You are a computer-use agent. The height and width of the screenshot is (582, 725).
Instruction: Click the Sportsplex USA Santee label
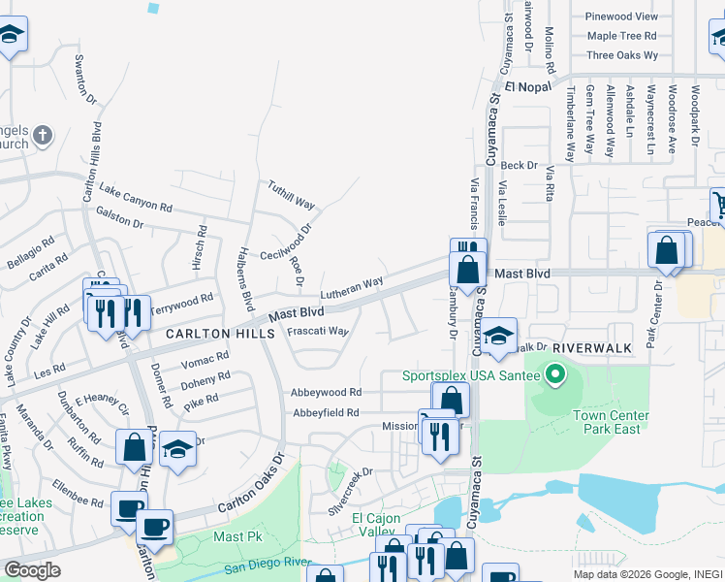pos(471,375)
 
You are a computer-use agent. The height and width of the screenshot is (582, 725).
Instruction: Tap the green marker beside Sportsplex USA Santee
pos(555,373)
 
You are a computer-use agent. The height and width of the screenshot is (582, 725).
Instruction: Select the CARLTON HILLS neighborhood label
pos(211,333)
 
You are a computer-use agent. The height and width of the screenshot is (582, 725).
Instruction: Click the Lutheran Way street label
pos(353,287)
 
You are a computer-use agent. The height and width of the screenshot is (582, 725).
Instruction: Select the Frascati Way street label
pos(318,331)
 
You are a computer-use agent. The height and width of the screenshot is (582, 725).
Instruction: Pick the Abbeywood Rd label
pos(326,393)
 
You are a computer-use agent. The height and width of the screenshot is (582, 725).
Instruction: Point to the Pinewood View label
pos(622,16)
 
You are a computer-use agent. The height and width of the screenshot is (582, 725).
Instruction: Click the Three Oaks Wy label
pos(622,55)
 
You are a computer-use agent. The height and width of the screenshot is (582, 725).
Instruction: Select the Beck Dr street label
pos(519,166)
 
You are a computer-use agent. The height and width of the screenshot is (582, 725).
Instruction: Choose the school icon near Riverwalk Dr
pos(498,336)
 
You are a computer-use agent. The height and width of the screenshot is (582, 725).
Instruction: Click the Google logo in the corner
pos(32,570)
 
